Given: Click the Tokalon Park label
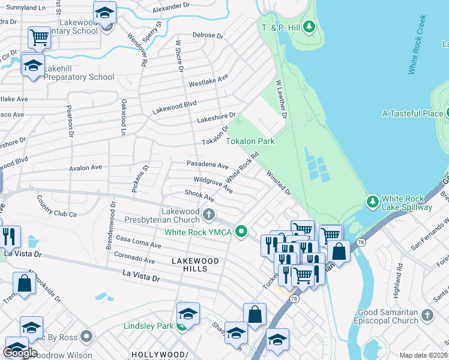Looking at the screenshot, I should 250,142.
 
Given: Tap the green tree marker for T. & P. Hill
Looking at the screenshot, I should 309,26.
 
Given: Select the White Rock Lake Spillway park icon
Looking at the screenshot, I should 372,200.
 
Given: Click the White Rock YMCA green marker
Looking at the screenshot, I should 241,230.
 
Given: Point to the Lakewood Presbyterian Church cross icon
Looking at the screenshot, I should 208,214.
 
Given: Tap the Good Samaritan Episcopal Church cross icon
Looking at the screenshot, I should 427,314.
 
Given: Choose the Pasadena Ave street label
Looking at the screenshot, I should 207,165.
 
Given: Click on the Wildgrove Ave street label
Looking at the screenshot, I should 213,184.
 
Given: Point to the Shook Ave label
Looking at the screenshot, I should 199,197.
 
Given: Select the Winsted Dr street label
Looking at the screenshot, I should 279,184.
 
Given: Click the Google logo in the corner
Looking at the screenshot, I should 20,352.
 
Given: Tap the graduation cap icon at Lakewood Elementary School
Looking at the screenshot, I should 105,12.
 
